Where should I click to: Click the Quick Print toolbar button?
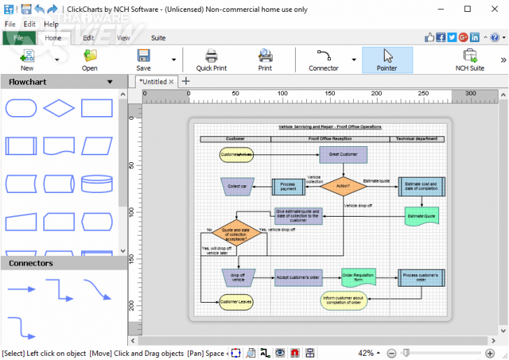point(211,60)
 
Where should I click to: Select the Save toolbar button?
point(143,60)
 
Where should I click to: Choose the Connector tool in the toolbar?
point(323,60)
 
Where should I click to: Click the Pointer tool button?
point(387,60)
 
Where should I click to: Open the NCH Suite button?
point(469,60)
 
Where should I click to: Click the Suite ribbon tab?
point(158,38)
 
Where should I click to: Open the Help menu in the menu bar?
point(51,24)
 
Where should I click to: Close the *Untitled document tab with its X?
point(171,82)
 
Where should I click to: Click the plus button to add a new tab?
point(186,81)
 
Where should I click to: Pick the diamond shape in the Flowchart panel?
point(59,108)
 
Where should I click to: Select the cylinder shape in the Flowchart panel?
point(96,184)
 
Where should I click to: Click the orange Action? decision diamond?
point(343,186)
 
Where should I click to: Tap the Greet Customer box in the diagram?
point(343,154)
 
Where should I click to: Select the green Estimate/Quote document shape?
point(422,216)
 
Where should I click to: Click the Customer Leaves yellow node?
point(236,302)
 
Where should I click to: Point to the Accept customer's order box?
point(298,278)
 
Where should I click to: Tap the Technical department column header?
point(417,138)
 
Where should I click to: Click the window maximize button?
point(468,9)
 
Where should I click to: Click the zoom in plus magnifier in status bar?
point(489,353)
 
